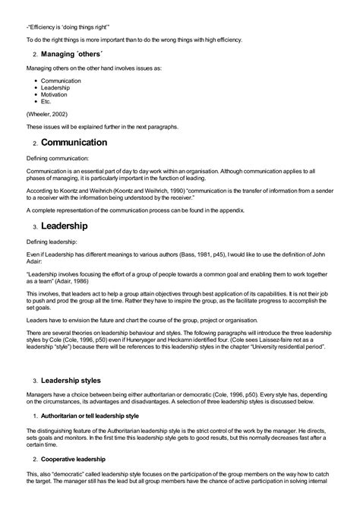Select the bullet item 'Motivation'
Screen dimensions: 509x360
[x=55, y=94]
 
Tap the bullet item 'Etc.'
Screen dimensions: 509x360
[x=46, y=101]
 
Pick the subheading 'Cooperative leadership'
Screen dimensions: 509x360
[x=74, y=459]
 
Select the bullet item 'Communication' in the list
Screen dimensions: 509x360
[x=61, y=80]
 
